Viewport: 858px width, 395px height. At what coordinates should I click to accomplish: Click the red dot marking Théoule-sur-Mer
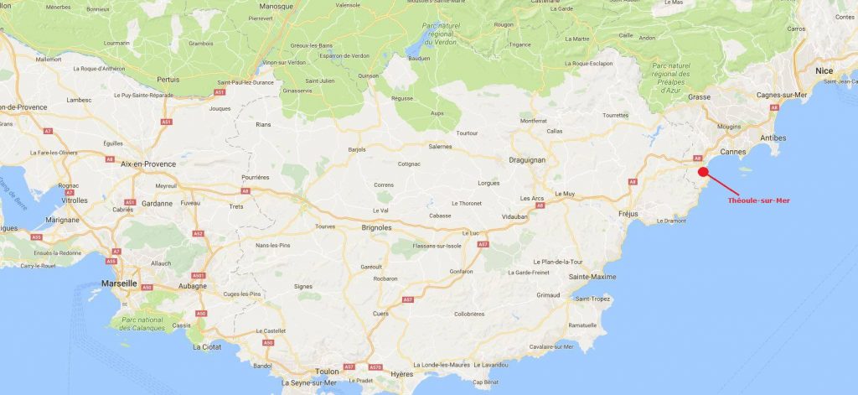coord(703,172)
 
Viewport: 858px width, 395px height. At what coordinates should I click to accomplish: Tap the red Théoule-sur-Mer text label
coord(759,200)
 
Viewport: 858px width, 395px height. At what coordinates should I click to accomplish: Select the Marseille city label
coord(118,283)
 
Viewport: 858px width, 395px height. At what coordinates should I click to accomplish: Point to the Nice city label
coord(824,70)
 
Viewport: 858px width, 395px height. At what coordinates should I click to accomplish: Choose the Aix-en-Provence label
coord(148,164)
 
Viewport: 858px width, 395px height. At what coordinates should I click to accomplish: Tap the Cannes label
coord(733,152)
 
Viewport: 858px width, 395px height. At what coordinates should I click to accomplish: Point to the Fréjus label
coord(628,214)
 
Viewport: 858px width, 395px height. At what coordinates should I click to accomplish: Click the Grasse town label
coord(699,97)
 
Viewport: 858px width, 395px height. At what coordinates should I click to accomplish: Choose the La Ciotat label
coord(208,346)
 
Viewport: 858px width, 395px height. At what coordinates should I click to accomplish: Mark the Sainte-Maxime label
coord(592,277)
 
